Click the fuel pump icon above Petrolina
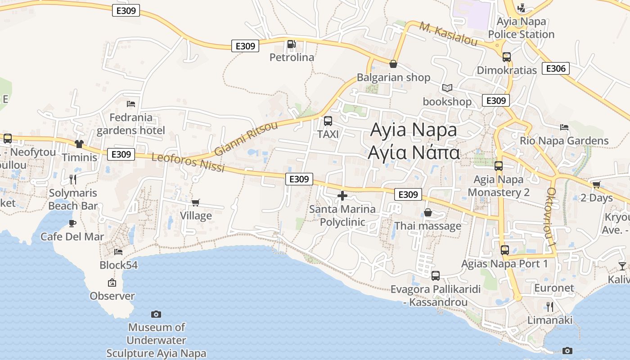[x=291, y=44]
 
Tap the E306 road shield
[x=556, y=68]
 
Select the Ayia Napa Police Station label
[x=521, y=28]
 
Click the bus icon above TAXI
[x=328, y=121]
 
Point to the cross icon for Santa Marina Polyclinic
[x=342, y=196]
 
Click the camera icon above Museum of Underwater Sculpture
[x=156, y=314]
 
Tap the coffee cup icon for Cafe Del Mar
[x=72, y=223]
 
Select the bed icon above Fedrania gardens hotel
[x=131, y=104]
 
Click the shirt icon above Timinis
[x=80, y=144]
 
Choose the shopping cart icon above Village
[x=196, y=202]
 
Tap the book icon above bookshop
[x=447, y=88]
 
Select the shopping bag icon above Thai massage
[x=427, y=212]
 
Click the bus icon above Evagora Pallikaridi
[x=435, y=276]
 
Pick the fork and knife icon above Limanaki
[x=549, y=307]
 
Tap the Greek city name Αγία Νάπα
[x=414, y=153]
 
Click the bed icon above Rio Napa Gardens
[x=564, y=127]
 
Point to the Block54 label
[x=119, y=265]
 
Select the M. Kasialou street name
[x=448, y=33]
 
